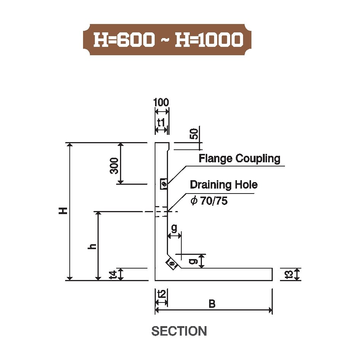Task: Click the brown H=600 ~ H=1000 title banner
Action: pyautogui.click(x=167, y=40)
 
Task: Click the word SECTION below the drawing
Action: pyautogui.click(x=179, y=331)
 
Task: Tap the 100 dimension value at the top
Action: pyautogui.click(x=161, y=102)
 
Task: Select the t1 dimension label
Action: pyautogui.click(x=161, y=123)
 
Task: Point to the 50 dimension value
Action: pyautogui.click(x=194, y=134)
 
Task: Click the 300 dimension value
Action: pyautogui.click(x=114, y=166)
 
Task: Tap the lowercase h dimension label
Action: pyautogui.click(x=92, y=246)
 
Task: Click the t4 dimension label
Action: pyautogui.click(x=113, y=275)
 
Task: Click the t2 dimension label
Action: pyautogui.click(x=162, y=294)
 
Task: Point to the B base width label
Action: pyautogui.click(x=212, y=304)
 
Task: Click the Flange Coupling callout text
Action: pyautogui.click(x=240, y=158)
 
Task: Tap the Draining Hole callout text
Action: pyautogui.click(x=224, y=185)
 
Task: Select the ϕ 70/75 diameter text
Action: pyautogui.click(x=209, y=201)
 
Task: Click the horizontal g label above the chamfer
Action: pyautogui.click(x=174, y=228)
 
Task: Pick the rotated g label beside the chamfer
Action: pyautogui.click(x=193, y=261)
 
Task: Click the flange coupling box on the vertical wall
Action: pyautogui.click(x=164, y=184)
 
